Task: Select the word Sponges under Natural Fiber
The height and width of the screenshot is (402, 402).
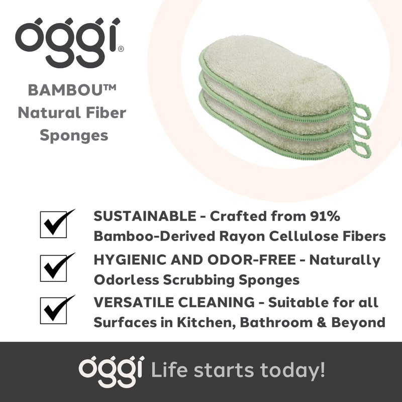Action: (x=72, y=135)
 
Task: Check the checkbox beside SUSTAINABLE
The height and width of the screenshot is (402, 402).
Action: (x=53, y=224)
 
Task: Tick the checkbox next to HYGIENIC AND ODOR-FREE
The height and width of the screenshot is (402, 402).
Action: (x=53, y=267)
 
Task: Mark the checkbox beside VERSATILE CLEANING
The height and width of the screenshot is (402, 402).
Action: (x=53, y=310)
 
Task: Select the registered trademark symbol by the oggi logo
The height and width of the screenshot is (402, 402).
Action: (x=121, y=49)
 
